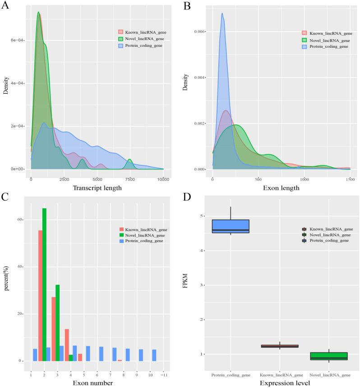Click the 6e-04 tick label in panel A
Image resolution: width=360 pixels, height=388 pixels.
(x=18, y=40)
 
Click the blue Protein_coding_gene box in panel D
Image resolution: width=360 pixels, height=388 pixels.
(x=231, y=226)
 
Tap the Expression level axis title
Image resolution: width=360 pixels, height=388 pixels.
(x=279, y=383)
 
